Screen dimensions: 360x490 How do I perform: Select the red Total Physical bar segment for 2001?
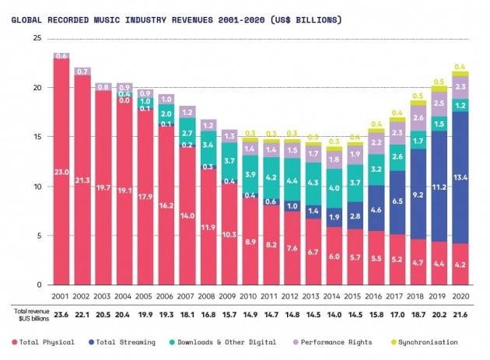coord(61,171)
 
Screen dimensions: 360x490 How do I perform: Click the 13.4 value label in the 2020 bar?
coord(460,177)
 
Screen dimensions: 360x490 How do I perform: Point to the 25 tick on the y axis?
coord(36,39)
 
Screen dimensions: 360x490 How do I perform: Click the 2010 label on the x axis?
coord(250,296)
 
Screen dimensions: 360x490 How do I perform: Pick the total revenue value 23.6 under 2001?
coord(61,315)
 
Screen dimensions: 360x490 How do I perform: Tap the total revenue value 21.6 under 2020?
coord(460,315)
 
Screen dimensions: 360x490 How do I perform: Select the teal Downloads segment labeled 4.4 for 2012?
coord(292,180)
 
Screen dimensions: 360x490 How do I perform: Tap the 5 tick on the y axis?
coord(38,236)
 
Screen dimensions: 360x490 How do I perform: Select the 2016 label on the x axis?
coord(376,296)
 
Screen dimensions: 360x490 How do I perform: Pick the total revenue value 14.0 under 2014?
coord(334,315)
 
